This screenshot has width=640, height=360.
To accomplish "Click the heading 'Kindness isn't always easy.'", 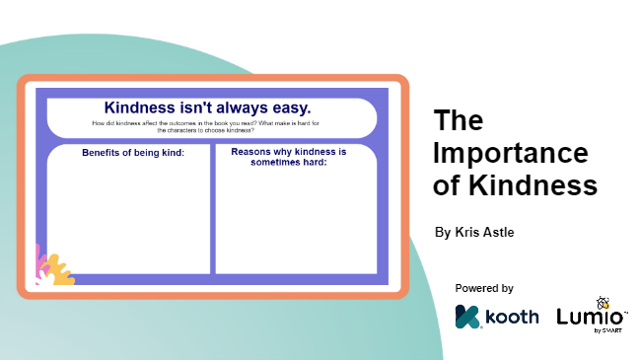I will [x=207, y=107].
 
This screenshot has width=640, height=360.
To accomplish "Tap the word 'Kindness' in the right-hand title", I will [x=533, y=184].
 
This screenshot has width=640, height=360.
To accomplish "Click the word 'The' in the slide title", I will [x=459, y=121].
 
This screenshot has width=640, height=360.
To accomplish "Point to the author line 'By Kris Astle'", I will [x=475, y=233].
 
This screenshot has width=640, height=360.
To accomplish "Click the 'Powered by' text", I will [x=484, y=288].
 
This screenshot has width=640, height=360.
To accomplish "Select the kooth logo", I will [x=497, y=317].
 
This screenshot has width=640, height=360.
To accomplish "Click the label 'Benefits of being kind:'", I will [x=133, y=153].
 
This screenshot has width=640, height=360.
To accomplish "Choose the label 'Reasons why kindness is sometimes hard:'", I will [x=281, y=157].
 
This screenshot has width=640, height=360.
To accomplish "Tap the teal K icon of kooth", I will [x=466, y=317].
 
